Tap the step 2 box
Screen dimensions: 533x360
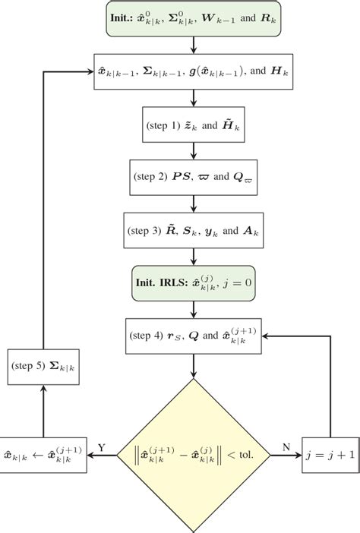[194, 176]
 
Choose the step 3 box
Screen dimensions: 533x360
[194, 229]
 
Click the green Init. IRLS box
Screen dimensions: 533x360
[194, 282]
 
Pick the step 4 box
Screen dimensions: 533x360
[194, 336]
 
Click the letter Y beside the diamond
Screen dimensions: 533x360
[100, 448]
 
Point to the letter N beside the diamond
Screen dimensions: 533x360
[286, 448]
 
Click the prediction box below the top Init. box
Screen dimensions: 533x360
[194, 72]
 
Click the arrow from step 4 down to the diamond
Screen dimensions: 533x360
[194, 366]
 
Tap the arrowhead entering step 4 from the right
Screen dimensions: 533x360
[267, 336]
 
